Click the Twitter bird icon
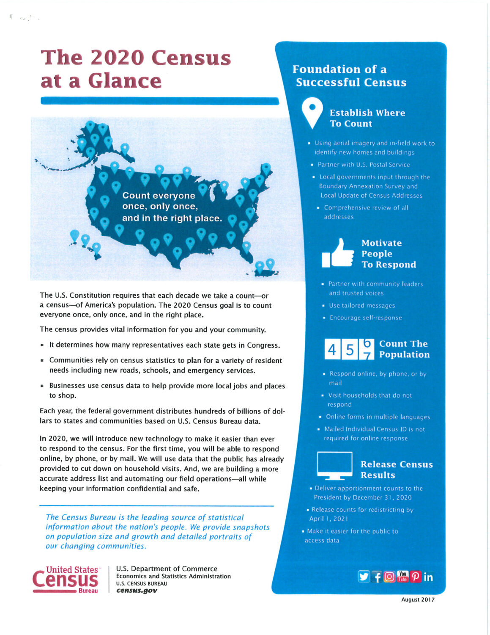(x=364, y=576)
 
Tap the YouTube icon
(x=402, y=576)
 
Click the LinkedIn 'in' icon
(x=428, y=577)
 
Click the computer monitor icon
(x=334, y=465)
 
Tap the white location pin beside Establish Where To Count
(x=312, y=112)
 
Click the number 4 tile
(x=332, y=350)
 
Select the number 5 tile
(x=350, y=350)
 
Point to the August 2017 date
(x=418, y=599)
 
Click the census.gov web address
(x=137, y=591)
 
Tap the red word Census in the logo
(x=66, y=580)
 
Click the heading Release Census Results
(x=396, y=469)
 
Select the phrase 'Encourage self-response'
(x=366, y=317)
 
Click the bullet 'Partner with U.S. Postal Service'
(x=364, y=165)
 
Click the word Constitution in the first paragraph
(x=91, y=295)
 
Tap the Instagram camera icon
(x=389, y=576)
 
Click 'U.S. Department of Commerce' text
(x=167, y=569)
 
